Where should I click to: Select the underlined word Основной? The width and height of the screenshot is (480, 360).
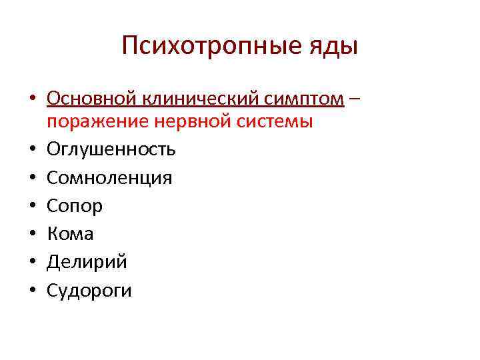pos(91,99)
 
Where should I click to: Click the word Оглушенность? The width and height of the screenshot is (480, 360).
pos(111,149)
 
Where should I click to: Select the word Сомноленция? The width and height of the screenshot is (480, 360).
pos(109,178)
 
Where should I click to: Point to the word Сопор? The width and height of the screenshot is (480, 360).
pos(75,207)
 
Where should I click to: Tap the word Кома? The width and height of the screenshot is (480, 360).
pos(70,234)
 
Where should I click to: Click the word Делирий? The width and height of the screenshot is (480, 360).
pos(87,262)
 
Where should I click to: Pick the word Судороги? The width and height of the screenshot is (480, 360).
pos(89,291)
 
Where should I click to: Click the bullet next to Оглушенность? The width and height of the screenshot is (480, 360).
pos(32,150)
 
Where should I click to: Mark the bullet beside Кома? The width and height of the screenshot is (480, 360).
pos(32,235)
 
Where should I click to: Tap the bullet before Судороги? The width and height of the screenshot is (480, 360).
pos(32,291)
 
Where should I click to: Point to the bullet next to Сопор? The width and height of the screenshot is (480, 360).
pos(32,207)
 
